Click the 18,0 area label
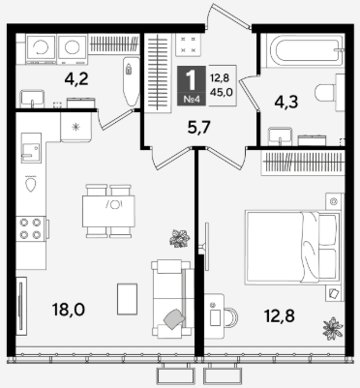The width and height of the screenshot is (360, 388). click(69, 310)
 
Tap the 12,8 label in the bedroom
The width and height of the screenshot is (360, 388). click(280, 315)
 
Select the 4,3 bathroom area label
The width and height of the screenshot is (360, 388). click(286, 103)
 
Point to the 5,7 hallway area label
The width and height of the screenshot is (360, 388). click(199, 127)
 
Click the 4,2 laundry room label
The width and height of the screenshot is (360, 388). click(76, 79)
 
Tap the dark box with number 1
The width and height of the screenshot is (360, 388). click(192, 85)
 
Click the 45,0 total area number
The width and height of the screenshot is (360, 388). click(222, 92)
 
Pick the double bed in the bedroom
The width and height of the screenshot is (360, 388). click(293, 248)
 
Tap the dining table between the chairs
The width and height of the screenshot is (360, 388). click(108, 211)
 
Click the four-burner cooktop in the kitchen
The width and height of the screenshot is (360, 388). click(31, 228)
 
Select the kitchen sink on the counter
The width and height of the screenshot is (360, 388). click(31, 148)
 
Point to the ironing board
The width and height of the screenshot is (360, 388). click(132, 82)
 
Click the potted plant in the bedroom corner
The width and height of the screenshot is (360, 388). click(333, 328)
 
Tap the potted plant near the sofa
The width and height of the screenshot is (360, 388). click(179, 239)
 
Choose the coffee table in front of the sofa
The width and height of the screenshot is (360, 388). click(127, 299)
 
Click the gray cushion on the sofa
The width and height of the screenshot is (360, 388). click(174, 319)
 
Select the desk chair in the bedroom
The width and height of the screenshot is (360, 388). click(230, 317)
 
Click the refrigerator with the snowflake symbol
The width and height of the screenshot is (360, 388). click(76, 127)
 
